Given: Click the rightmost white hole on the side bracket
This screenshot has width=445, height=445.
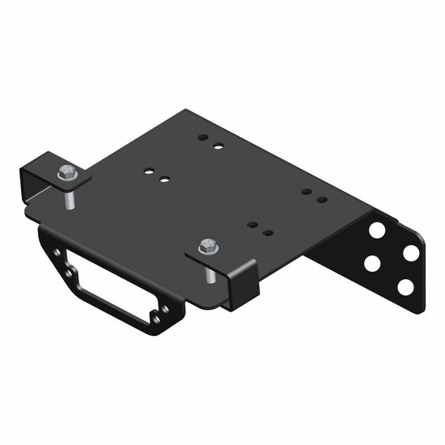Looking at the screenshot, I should (411, 252).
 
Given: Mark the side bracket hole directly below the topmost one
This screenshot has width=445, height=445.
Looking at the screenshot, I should (374, 263).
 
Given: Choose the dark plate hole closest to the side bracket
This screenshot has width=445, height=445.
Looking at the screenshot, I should (321, 198).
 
